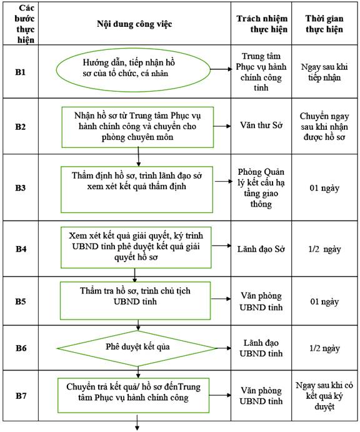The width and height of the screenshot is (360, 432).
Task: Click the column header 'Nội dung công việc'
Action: click(x=134, y=24)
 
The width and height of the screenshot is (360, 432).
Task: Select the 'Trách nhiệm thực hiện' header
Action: click(x=262, y=24)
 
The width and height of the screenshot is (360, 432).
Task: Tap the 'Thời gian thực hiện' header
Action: click(x=324, y=24)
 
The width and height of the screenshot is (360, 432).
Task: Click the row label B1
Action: click(x=20, y=72)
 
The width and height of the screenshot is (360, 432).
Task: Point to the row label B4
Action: click(x=21, y=249)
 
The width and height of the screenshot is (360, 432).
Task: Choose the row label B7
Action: click(x=21, y=396)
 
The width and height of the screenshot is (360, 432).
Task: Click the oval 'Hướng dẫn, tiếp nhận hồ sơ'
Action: click(x=133, y=70)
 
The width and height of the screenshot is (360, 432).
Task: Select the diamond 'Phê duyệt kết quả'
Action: click(x=137, y=348)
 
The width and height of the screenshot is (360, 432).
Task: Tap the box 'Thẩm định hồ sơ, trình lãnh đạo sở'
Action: click(x=137, y=190)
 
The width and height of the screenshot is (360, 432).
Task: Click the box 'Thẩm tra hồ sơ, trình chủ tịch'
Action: click(x=135, y=300)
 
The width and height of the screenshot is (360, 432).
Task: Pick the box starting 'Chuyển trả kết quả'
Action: click(x=134, y=395)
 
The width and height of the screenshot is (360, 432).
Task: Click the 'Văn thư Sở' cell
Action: click(x=261, y=125)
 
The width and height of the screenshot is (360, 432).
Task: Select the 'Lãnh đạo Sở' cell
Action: click(x=261, y=249)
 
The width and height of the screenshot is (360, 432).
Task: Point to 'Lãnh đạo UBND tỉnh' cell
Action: click(x=261, y=348)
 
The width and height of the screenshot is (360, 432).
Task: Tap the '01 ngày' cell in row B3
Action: click(x=324, y=188)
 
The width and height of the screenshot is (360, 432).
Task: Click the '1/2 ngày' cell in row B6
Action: click(x=324, y=348)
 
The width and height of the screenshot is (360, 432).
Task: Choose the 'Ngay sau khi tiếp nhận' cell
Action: click(x=324, y=72)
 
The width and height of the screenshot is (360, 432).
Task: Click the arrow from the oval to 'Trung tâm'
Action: click(x=221, y=69)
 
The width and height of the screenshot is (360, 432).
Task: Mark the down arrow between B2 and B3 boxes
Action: click(x=138, y=157)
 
